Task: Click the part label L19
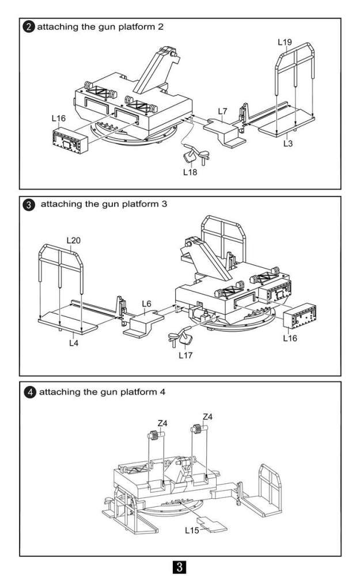point(285,42)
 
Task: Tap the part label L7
point(223,110)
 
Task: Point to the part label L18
point(190,171)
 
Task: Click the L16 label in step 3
point(290,338)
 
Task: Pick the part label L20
point(74,239)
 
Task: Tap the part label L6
point(146,304)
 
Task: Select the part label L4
point(74,343)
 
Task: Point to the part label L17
point(185,355)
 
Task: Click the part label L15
point(192,529)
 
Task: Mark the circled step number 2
point(28,27)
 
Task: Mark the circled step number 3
point(28,204)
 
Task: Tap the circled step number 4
point(28,392)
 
